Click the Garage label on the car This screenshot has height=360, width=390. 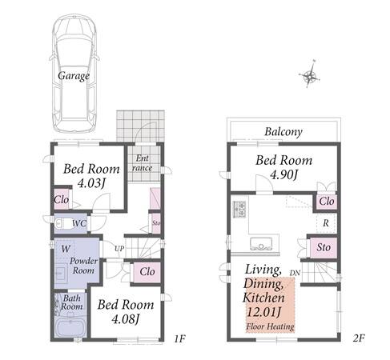pyautogui.click(x=74, y=76)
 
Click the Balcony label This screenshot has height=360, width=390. pyautogui.click(x=283, y=132)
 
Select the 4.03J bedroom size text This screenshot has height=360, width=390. pyautogui.click(x=91, y=183)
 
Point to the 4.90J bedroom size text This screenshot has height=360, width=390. pyautogui.click(x=283, y=175)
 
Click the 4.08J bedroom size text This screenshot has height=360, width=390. pyautogui.click(x=126, y=319)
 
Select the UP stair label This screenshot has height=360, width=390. pyautogui.click(x=119, y=249)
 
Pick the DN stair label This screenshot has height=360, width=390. pyautogui.click(x=295, y=273)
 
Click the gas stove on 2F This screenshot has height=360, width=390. pyautogui.click(x=239, y=209)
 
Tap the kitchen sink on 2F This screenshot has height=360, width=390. pyautogui.click(x=261, y=243)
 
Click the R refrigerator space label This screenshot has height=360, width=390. pyautogui.click(x=326, y=223)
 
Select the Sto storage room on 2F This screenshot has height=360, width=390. pyautogui.click(x=324, y=247)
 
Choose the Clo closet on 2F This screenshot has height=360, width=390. pyautogui.click(x=327, y=202)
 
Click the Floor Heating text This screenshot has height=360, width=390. pyautogui.click(x=270, y=326)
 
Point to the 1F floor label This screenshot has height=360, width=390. pyautogui.click(x=179, y=339)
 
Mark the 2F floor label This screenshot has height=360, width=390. pyautogui.click(x=359, y=338)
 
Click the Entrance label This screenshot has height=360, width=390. pyautogui.click(x=143, y=163)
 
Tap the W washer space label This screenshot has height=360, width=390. pyautogui.click(x=65, y=249)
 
